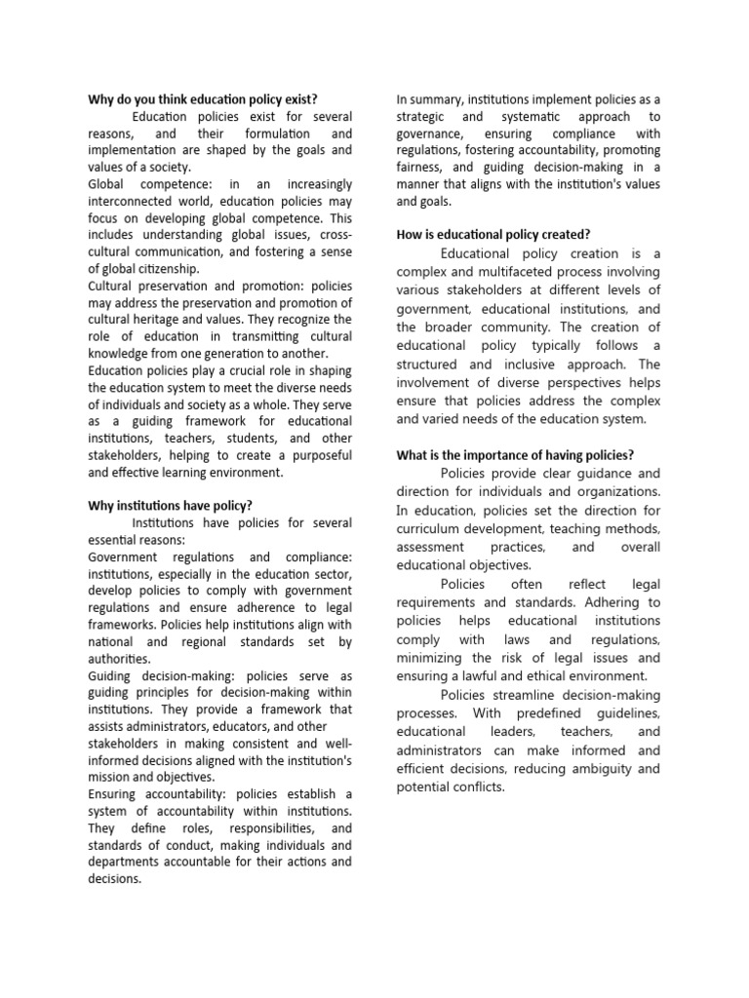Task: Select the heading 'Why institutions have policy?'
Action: [170, 505]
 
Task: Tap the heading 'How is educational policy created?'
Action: [493, 234]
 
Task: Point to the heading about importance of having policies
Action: [515, 455]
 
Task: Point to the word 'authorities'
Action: [119, 658]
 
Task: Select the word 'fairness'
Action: [424, 167]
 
